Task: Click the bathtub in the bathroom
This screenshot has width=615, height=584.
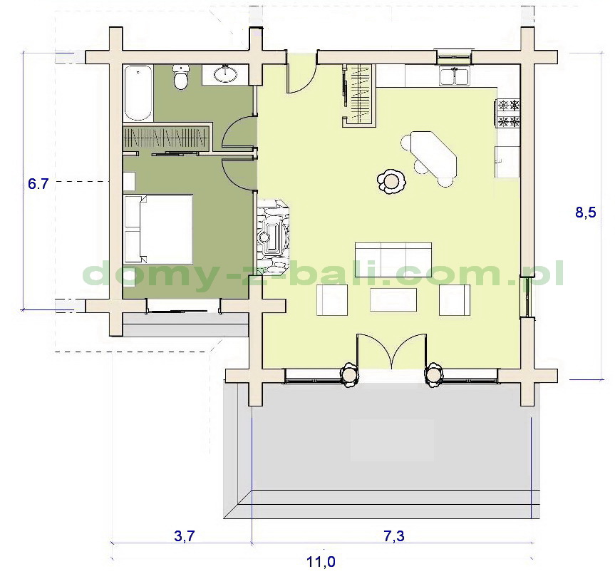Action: coord(138,93)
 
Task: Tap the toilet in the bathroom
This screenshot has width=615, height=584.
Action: coord(181,77)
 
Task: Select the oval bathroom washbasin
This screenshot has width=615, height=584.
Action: coord(225,75)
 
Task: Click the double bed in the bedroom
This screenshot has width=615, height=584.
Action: coord(158,229)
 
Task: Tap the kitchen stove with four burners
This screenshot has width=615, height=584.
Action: coord(509,113)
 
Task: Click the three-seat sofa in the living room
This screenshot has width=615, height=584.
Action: coord(393,260)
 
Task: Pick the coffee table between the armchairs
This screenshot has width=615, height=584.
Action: coord(393,300)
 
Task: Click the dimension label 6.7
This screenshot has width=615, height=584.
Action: coord(38,184)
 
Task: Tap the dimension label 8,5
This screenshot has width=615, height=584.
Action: coord(585,212)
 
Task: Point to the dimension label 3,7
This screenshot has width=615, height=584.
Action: coord(185,536)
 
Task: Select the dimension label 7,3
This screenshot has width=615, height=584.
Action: coord(393,536)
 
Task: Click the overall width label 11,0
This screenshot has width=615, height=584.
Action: coord(321,562)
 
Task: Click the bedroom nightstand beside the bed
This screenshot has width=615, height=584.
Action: coord(129,181)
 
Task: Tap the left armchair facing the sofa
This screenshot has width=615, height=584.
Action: coord(332,300)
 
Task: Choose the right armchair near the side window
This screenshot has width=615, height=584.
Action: coord(455,300)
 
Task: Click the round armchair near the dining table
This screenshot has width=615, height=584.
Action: coord(391,181)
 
